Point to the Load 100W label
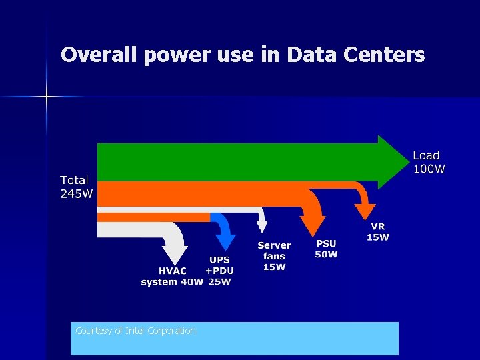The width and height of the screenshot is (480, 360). click(x=428, y=162)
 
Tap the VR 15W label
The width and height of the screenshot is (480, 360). click(x=378, y=232)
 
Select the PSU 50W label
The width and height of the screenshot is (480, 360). click(x=327, y=249)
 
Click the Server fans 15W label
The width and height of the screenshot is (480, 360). click(x=274, y=256)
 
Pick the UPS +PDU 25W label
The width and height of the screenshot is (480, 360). click(x=219, y=271)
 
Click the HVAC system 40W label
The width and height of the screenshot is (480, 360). click(x=171, y=277)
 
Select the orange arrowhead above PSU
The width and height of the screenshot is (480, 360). click(x=313, y=226)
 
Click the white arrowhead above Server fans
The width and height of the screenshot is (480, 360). click(x=262, y=227)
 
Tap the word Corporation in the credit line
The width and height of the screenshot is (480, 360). click(x=175, y=331)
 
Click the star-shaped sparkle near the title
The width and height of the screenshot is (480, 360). click(x=47, y=97)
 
